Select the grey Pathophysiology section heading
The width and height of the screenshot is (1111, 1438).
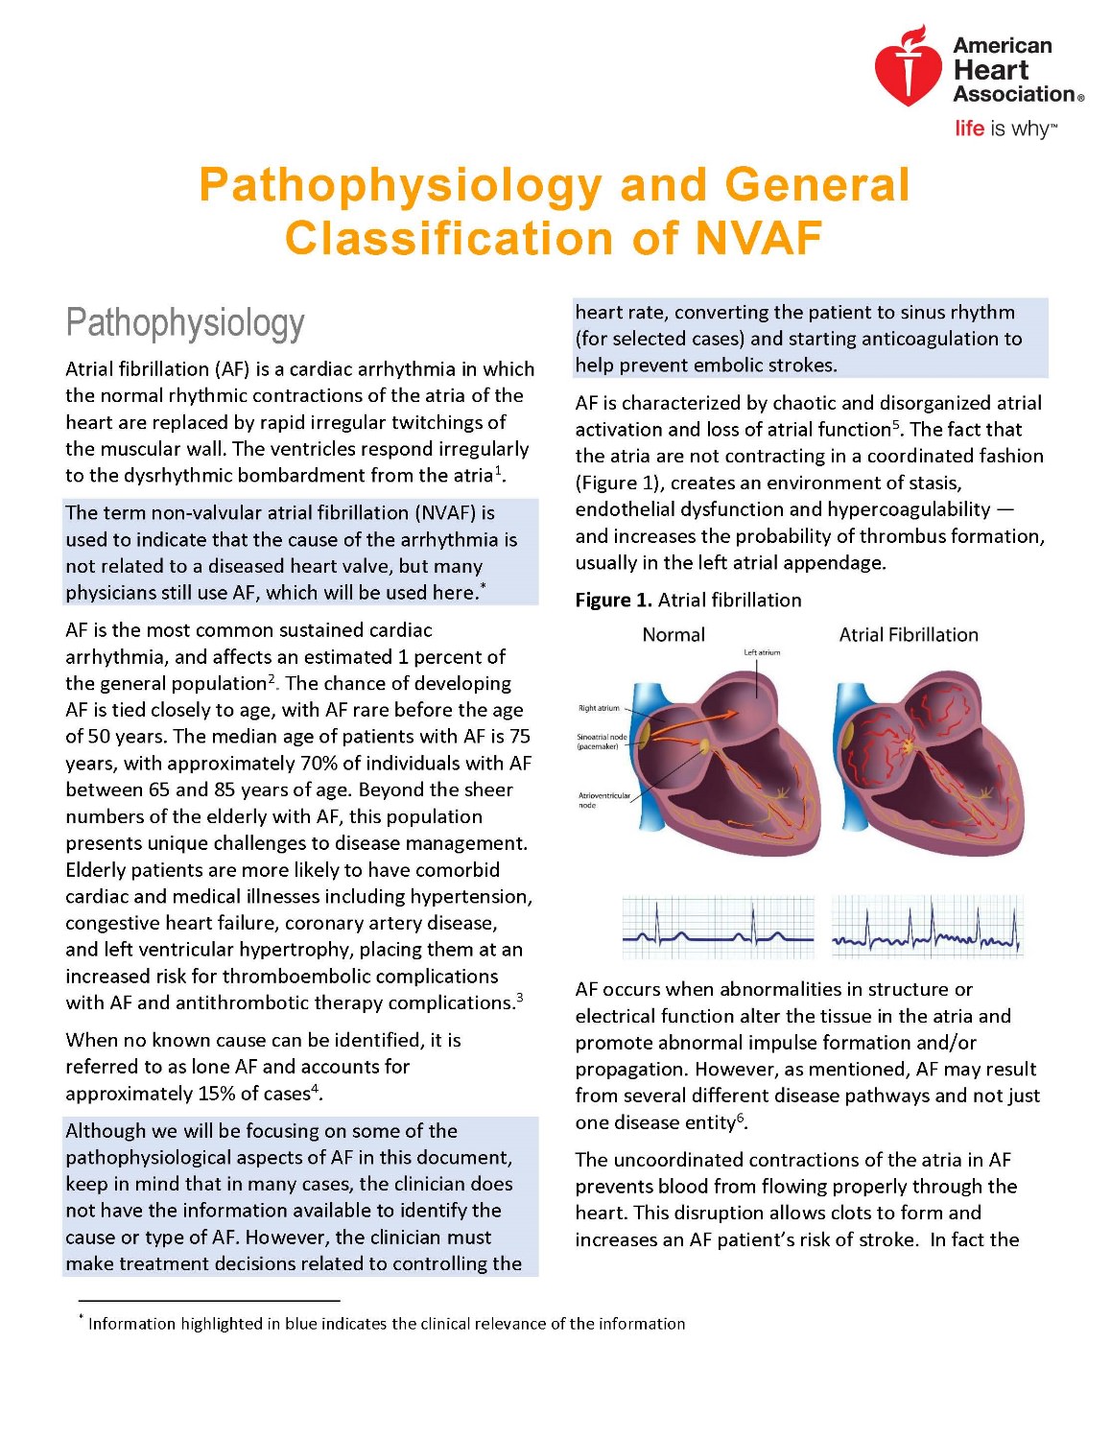pyautogui.click(x=185, y=323)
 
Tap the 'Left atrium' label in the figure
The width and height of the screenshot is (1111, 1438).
pyautogui.click(x=762, y=652)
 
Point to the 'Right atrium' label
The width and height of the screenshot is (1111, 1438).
pyautogui.click(x=599, y=708)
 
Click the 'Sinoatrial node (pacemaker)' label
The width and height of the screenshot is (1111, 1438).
pyautogui.click(x=601, y=742)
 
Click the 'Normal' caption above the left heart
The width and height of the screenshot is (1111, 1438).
pyautogui.click(x=674, y=635)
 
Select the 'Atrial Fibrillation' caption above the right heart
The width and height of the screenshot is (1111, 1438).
pyautogui.click(x=909, y=635)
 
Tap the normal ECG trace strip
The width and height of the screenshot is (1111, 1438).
pyautogui.click(x=718, y=928)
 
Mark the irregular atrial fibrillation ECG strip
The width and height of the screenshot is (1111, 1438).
pyautogui.click(x=927, y=928)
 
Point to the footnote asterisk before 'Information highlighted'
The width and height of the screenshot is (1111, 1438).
pyautogui.click(x=82, y=1320)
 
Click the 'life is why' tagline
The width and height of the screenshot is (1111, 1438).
pyautogui.click(x=1005, y=129)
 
